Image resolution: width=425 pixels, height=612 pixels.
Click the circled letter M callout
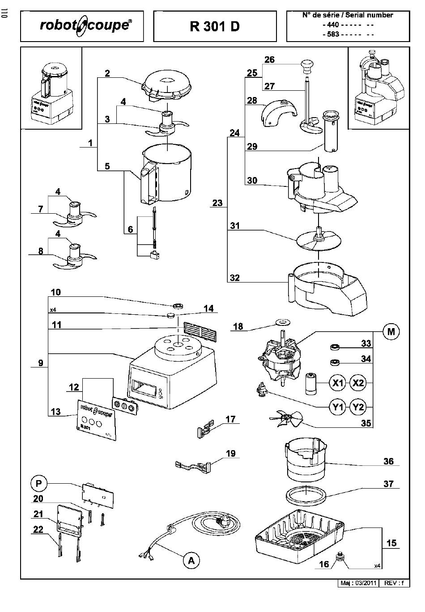coord(391,332)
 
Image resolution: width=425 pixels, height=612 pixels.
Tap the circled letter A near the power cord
coord(191,560)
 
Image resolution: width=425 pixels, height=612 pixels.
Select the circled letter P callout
coord(39,483)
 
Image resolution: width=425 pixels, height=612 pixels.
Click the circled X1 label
coord(338,383)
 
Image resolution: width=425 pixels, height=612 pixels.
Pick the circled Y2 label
coord(358,407)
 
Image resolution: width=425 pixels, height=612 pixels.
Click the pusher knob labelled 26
coord(306,65)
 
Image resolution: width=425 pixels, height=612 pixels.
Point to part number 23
coord(217,203)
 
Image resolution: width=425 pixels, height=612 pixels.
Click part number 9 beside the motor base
coord(41,363)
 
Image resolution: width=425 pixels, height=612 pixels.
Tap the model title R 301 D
coord(215,26)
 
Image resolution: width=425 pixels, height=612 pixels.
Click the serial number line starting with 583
coord(348,34)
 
